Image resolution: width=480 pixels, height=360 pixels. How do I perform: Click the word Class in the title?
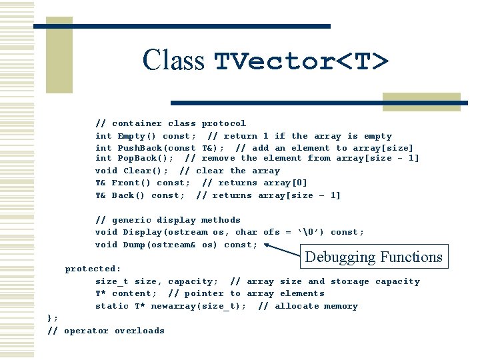coord(173,60)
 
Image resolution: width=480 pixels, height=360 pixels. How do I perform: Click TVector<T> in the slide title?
coord(301,61)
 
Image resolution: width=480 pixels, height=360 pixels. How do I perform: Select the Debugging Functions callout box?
coord(373,257)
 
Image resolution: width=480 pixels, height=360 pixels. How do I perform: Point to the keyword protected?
coord(93,269)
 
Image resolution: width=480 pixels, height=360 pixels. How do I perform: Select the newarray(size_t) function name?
coord(199,306)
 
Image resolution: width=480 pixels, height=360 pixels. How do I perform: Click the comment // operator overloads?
coord(106,331)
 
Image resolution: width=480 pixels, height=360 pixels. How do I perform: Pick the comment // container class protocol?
coord(171,123)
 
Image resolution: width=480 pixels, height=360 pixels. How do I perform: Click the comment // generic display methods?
coord(168,220)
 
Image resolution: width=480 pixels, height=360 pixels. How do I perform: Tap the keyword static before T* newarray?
coord(111,306)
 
